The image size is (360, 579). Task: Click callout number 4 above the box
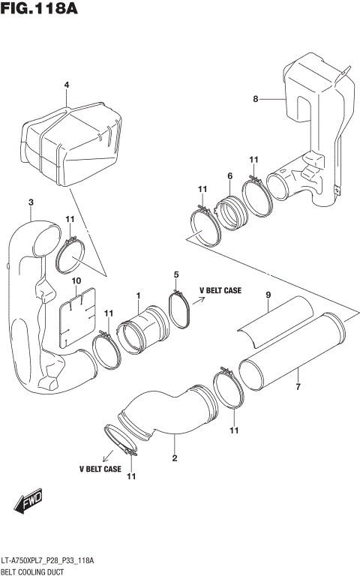[66, 85]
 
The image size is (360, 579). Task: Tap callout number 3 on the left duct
[31, 202]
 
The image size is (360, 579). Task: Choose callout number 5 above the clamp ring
[176, 274]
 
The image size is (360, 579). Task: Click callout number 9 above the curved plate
[268, 295]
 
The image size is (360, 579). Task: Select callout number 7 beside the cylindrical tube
[298, 388]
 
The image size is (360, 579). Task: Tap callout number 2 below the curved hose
[175, 458]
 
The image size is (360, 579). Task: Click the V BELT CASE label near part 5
[220, 290]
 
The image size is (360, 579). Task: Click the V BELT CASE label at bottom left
[100, 469]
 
